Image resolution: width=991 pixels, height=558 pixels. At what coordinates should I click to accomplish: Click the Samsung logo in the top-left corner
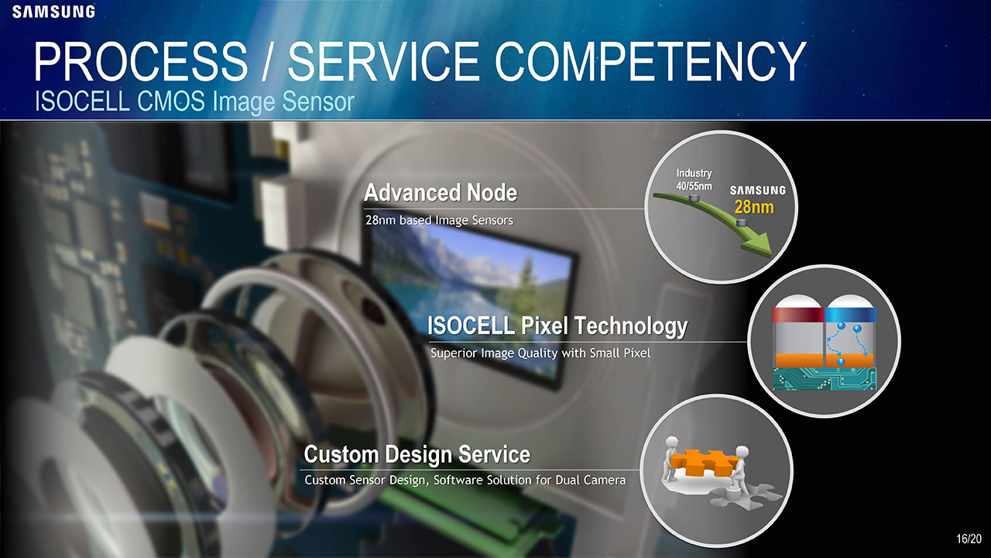click(53, 12)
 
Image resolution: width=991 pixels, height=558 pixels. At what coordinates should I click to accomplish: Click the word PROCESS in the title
click(141, 61)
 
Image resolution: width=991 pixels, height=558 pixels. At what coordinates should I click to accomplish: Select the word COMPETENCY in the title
click(650, 61)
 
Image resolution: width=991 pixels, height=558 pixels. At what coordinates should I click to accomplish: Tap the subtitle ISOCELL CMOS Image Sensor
click(194, 101)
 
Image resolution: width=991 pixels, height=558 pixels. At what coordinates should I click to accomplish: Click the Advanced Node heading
click(441, 193)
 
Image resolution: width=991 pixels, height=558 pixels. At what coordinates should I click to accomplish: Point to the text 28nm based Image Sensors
click(439, 220)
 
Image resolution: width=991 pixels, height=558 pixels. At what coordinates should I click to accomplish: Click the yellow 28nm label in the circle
click(754, 207)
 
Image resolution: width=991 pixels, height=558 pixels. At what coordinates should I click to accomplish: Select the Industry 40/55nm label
click(694, 179)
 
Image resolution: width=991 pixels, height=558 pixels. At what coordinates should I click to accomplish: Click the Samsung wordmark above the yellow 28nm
click(757, 191)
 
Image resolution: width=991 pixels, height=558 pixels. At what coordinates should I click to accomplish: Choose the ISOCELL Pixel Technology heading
click(557, 326)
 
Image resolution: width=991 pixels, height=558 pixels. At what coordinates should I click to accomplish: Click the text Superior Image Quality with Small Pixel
click(540, 353)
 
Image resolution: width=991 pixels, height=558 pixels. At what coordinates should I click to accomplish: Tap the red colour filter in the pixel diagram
click(798, 315)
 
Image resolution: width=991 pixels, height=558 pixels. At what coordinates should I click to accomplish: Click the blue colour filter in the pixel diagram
click(851, 315)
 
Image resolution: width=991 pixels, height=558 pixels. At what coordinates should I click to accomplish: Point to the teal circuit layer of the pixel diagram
click(825, 379)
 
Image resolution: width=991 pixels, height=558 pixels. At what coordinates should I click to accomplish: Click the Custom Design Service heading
click(417, 454)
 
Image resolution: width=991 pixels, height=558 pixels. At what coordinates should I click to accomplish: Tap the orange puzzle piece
click(701, 463)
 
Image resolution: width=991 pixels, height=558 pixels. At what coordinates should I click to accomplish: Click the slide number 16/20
click(969, 539)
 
